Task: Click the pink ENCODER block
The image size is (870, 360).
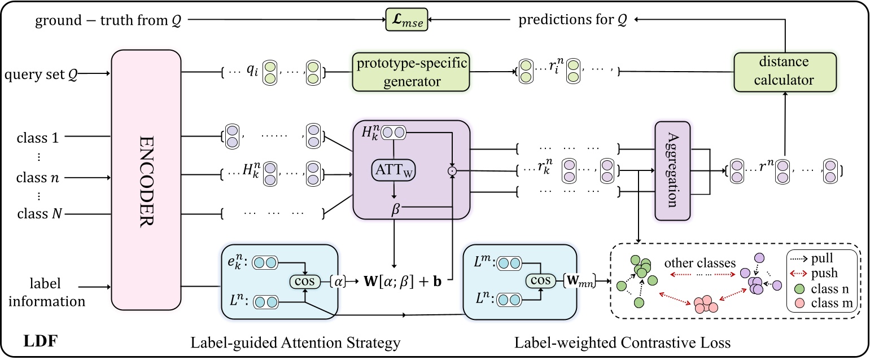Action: (x=146, y=180)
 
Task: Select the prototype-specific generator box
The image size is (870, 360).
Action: (x=411, y=72)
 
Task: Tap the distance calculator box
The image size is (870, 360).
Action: (x=785, y=72)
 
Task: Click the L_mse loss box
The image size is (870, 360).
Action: (x=406, y=20)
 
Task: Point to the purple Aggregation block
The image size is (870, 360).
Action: (x=672, y=171)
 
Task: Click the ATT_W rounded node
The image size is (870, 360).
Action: (x=394, y=170)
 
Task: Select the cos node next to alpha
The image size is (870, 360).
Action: (x=305, y=281)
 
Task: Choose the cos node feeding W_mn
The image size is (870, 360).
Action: (x=541, y=280)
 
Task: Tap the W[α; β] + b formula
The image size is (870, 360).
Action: (x=403, y=281)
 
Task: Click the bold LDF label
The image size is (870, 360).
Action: (x=41, y=341)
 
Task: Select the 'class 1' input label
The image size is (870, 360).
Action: (x=38, y=138)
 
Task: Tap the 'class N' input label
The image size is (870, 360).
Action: (x=40, y=213)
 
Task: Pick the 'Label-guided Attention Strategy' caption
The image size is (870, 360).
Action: (x=295, y=343)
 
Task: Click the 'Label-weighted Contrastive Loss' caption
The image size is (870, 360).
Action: (x=623, y=343)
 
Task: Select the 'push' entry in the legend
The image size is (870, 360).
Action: (x=824, y=274)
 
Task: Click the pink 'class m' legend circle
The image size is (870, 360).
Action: (x=799, y=304)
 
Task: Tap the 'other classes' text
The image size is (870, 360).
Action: (x=700, y=263)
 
